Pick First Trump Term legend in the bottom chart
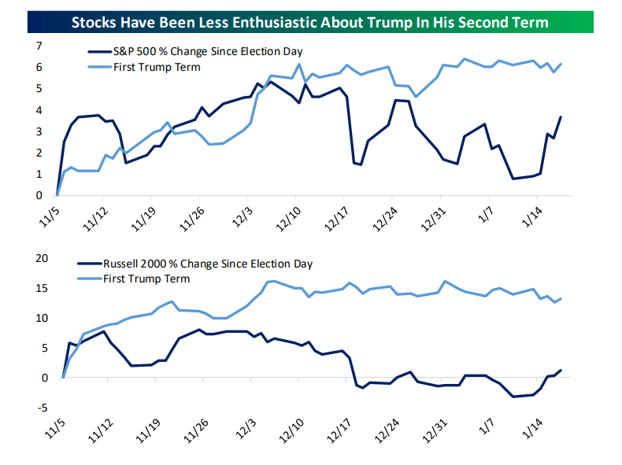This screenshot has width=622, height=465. coord(146,279)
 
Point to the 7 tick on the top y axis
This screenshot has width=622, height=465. coord(39,46)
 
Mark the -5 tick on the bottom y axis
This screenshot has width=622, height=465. coord(36,408)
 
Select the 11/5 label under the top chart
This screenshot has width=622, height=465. coord(49,216)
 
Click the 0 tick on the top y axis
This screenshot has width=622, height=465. coord(39,195)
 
